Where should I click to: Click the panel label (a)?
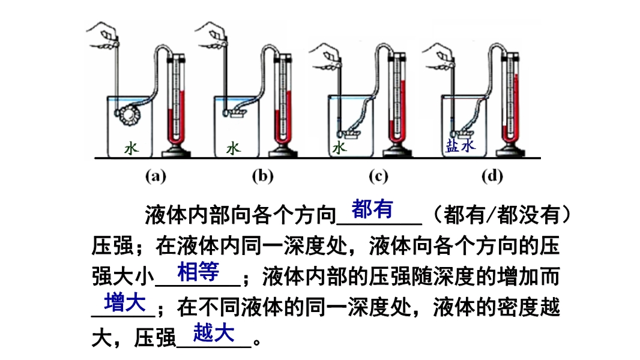[x=155, y=176]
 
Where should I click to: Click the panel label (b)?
[x=262, y=176]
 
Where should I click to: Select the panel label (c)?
[x=378, y=176]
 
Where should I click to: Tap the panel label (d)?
[x=492, y=176]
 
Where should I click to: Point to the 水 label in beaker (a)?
[x=131, y=148]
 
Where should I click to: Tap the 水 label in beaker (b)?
[x=233, y=148]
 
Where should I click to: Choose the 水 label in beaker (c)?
[x=339, y=147]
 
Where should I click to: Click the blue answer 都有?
[x=372, y=209]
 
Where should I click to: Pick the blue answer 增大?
[x=125, y=302]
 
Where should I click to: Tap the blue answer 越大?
[x=214, y=333]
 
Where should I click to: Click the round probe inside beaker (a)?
[x=128, y=113]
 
